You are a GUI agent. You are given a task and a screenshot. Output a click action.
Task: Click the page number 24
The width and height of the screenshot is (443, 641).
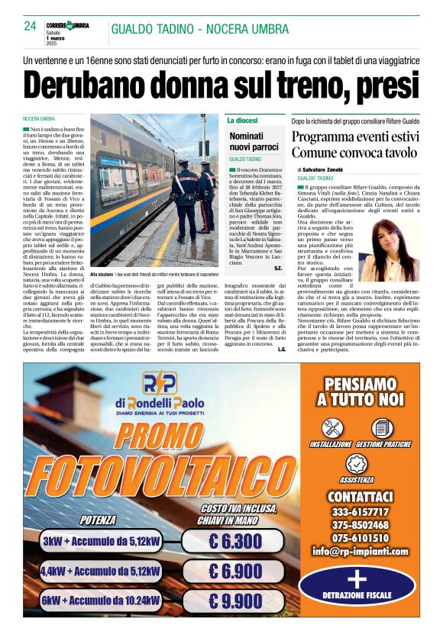tap(31, 26)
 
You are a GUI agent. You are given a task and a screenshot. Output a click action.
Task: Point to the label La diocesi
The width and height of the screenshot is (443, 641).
tap(242, 121)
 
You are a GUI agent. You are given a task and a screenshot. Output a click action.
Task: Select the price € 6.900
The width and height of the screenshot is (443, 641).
tap(236, 571)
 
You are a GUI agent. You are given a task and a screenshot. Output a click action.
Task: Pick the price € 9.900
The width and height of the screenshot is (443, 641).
tap(236, 601)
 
